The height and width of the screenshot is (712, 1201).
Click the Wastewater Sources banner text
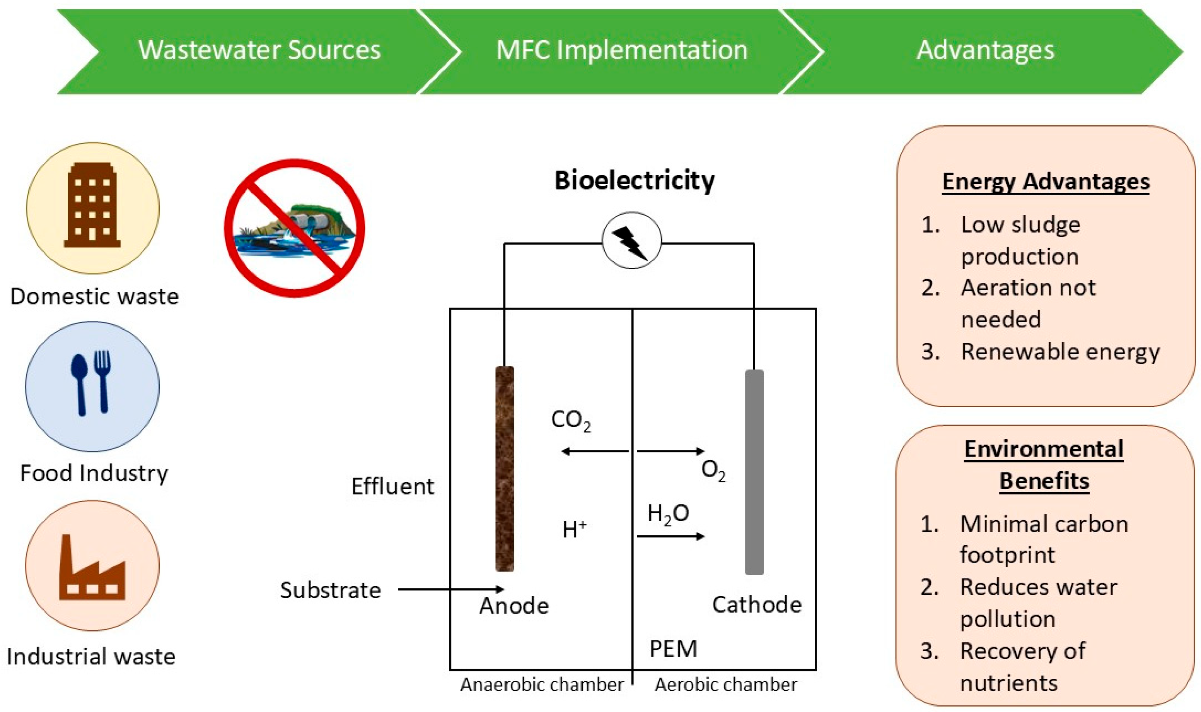click(259, 50)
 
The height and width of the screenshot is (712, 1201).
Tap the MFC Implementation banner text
click(621, 50)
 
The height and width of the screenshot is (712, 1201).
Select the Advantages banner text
click(985, 50)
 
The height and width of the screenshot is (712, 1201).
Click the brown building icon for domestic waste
click(92, 205)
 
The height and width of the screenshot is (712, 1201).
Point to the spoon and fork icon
click(92, 383)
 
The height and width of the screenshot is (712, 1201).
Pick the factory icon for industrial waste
click(92, 568)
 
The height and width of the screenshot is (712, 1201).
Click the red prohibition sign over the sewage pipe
click(294, 228)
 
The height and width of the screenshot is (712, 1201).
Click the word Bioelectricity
click(634, 181)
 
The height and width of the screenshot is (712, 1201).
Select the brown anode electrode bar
click(504, 469)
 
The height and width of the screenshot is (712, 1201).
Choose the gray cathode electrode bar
click(754, 472)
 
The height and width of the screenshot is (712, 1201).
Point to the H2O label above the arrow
click(668, 514)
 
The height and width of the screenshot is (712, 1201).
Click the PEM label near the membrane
click(673, 649)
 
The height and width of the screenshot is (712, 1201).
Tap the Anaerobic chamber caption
click(542, 685)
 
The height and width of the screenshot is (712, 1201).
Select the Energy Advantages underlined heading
click(1045, 182)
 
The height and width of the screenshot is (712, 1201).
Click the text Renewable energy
click(1059, 352)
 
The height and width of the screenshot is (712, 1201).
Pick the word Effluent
click(392, 486)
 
